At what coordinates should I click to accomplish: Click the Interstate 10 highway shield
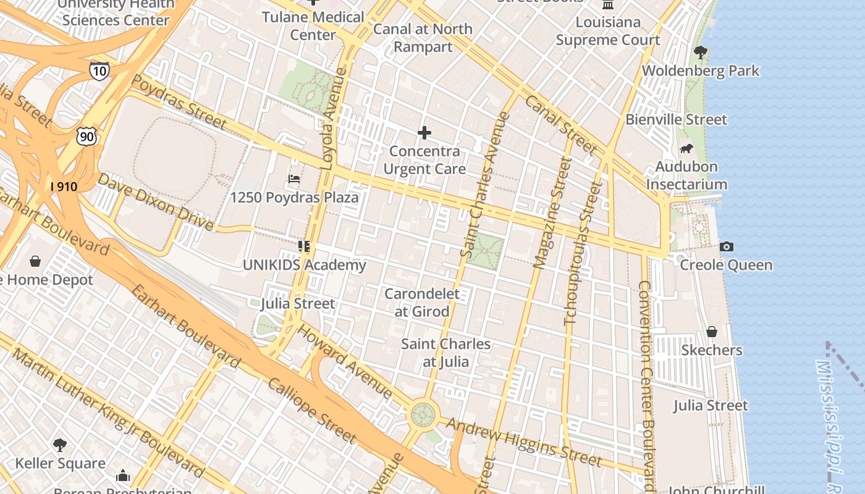coord(99,70)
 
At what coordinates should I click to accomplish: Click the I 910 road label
coord(64,186)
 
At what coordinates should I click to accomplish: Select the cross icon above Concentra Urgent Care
coord(424,133)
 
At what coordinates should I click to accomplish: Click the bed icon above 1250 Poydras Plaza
coord(294,179)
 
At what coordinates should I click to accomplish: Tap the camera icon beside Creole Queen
coord(727,247)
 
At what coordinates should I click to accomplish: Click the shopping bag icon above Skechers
coord(712,332)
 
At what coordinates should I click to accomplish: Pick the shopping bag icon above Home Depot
coord(35,261)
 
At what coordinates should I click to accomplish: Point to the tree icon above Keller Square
coord(60,445)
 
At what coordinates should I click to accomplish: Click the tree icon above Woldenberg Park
coord(700,52)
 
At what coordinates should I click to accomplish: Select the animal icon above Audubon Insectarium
coord(686,148)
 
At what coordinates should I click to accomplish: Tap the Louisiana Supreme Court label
coord(608,31)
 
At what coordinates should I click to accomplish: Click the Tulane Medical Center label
coord(313,26)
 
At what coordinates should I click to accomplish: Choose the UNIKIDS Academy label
coord(304,266)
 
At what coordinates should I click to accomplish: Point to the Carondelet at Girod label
coord(422,303)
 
